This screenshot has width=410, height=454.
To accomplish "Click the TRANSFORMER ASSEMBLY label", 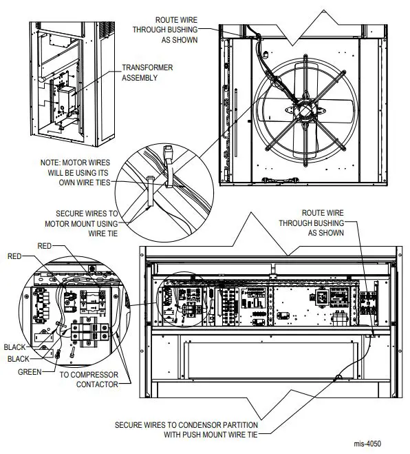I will [147, 73].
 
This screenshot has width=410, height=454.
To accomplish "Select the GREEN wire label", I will [30, 371].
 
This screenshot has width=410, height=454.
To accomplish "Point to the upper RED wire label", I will [44, 245].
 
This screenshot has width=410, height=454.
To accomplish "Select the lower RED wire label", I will [14, 256].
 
